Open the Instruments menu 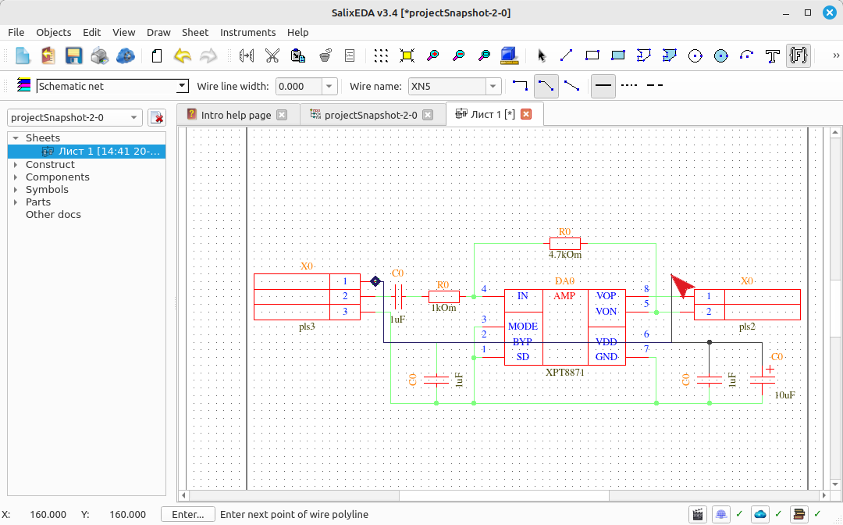(248, 32)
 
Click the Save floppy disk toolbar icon (73, 55)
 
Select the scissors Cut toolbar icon (272, 55)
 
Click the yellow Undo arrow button (183, 55)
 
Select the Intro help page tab (236, 115)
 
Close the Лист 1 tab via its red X (526, 114)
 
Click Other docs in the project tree (53, 214)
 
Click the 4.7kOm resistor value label (565, 255)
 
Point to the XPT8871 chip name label (564, 372)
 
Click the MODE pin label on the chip (522, 327)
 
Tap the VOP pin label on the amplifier (606, 296)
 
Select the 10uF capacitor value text (785, 395)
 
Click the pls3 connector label (307, 327)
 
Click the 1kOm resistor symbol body (444, 296)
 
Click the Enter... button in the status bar (187, 514)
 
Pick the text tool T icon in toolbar (773, 55)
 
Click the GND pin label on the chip (606, 356)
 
